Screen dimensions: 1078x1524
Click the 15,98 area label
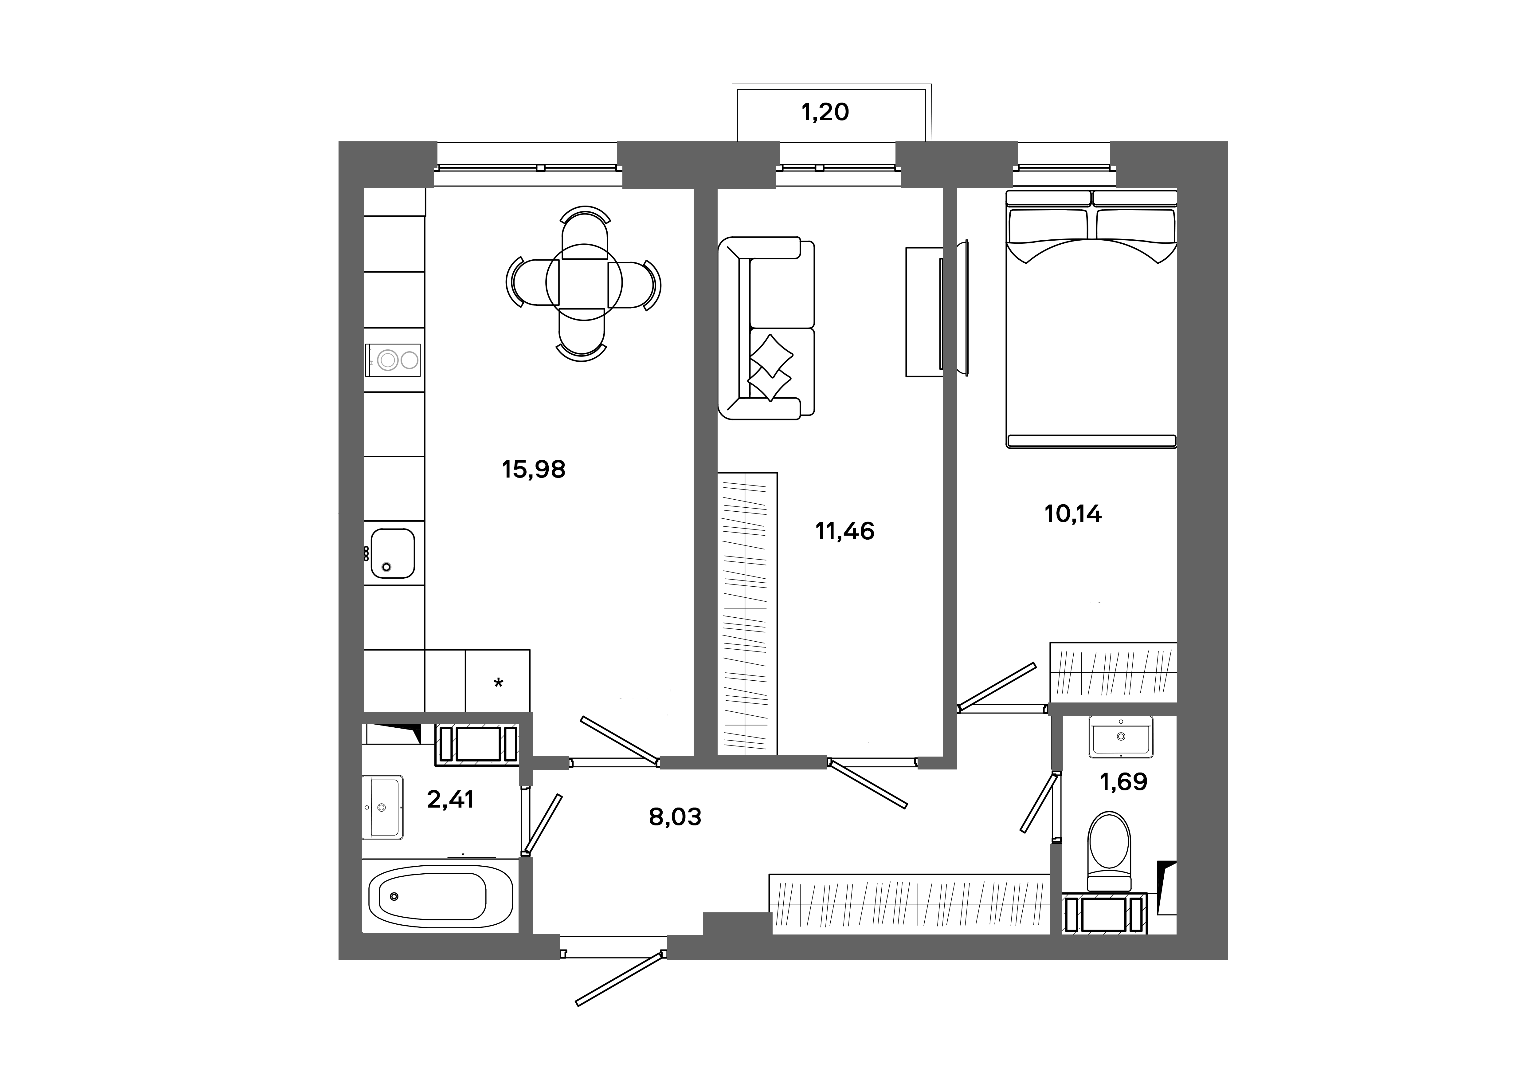click(x=534, y=469)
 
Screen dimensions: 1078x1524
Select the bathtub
click(x=440, y=896)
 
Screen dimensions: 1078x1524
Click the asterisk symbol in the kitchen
click(x=499, y=683)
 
